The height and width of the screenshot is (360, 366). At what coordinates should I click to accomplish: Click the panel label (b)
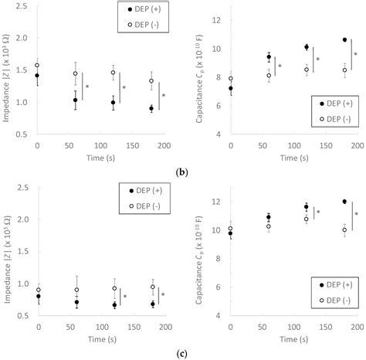(182, 169)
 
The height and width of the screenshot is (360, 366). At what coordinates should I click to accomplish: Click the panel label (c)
(182, 354)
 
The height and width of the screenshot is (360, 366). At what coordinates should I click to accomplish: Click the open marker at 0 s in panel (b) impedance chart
(37, 65)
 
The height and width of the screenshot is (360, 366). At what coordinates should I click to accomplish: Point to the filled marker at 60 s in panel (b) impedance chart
(75, 100)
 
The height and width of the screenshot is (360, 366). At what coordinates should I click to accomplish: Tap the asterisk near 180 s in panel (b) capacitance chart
(355, 55)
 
